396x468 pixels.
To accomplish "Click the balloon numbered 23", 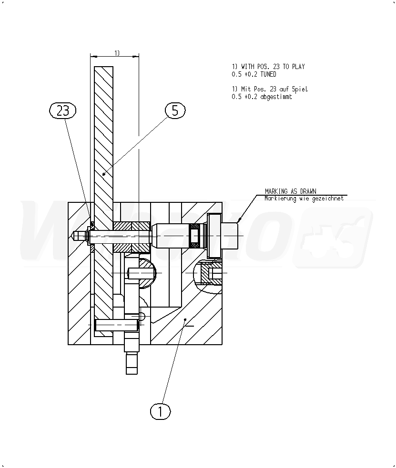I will [63, 110].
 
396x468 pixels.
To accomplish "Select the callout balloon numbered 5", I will [175, 110].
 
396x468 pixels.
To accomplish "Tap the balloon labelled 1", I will [160, 411].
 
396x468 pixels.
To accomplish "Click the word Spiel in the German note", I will [302, 89].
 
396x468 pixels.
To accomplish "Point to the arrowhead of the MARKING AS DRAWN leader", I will [239, 220].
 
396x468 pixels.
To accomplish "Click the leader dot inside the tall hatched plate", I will [103, 174].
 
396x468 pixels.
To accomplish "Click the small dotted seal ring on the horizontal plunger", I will [195, 236].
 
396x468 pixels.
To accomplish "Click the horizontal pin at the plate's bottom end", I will [117, 325].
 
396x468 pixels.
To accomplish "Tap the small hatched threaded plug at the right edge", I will [209, 273].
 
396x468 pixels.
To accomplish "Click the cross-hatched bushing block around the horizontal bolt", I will [132, 237].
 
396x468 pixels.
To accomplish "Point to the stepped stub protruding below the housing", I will [132, 361].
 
